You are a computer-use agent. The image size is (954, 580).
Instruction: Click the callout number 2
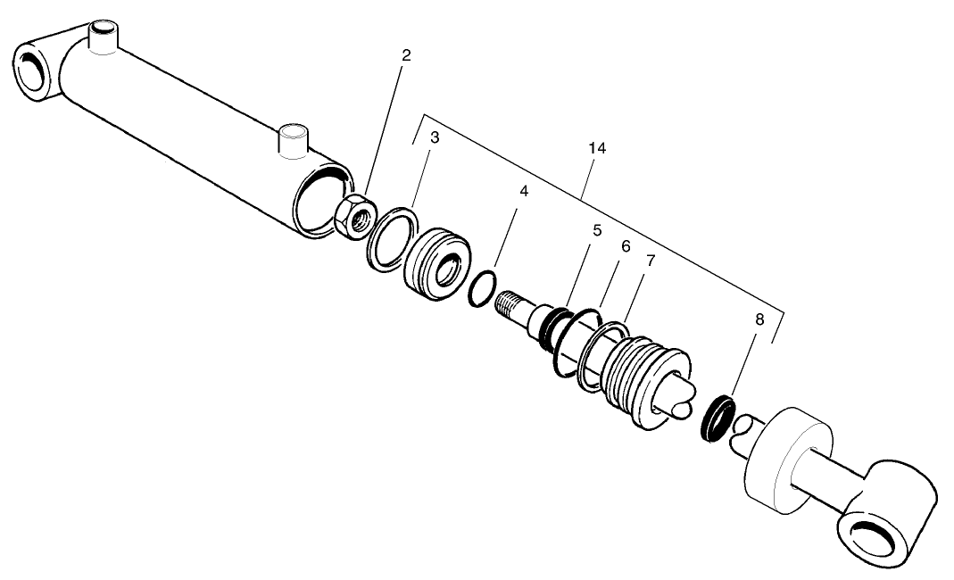point(406,55)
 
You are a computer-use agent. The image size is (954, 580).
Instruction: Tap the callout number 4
point(524,192)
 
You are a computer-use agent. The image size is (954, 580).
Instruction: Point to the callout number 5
point(597,229)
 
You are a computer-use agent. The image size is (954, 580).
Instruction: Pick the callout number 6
point(626,245)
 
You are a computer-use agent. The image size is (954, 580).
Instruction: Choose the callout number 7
point(651,261)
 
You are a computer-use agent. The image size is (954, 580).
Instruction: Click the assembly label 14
point(597,148)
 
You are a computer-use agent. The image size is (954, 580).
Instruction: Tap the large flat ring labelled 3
point(391,236)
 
